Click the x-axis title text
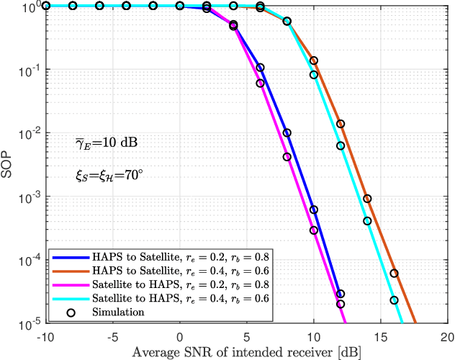pyautogui.click(x=246, y=351)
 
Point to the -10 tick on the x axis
pyautogui.click(x=45, y=336)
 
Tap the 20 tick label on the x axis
pyautogui.click(x=447, y=336)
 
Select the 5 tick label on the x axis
pyautogui.click(x=246, y=336)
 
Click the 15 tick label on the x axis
pyautogui.click(x=380, y=336)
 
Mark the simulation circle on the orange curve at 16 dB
pyautogui.click(x=394, y=274)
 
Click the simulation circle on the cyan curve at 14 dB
pyautogui.click(x=367, y=221)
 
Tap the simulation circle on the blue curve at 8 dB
pyautogui.click(x=287, y=133)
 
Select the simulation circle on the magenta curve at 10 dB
pyautogui.click(x=314, y=230)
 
